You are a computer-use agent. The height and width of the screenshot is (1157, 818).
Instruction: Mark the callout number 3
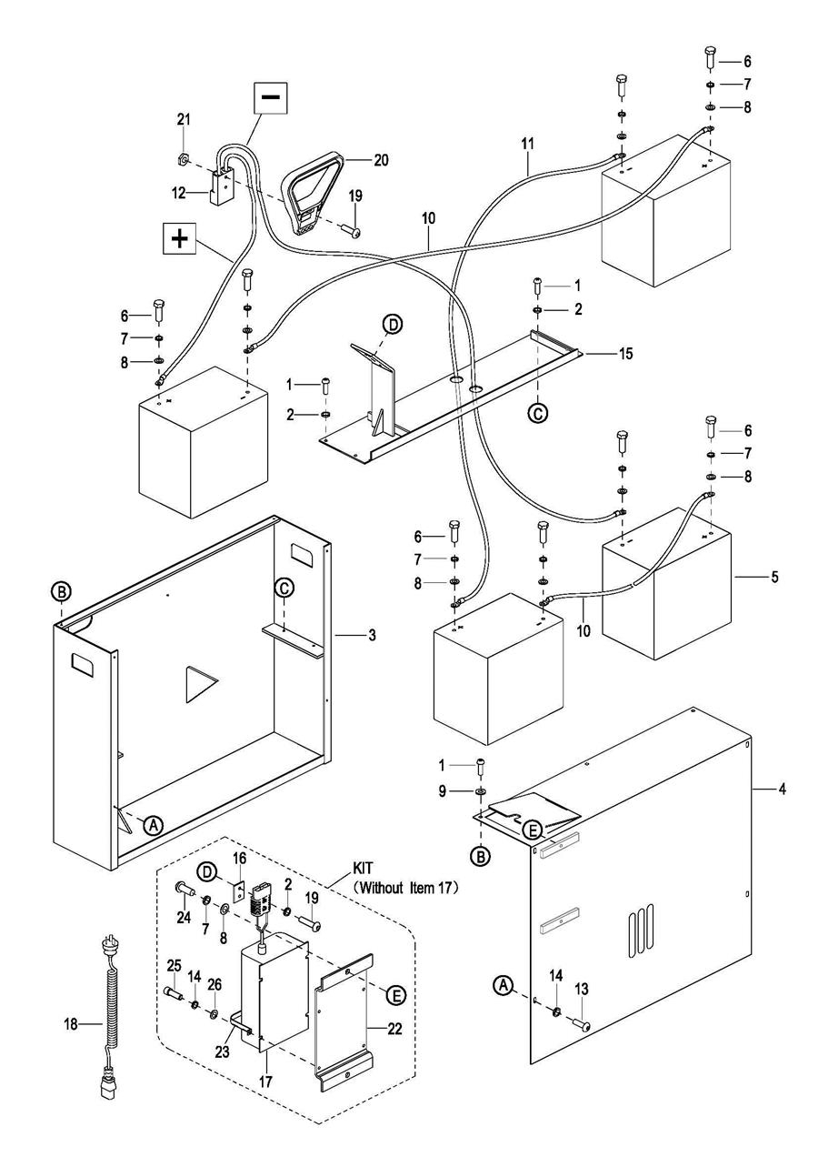346,635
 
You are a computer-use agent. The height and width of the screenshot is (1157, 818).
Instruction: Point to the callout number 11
528,145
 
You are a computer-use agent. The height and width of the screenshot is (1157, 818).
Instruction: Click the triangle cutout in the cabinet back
197,684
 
